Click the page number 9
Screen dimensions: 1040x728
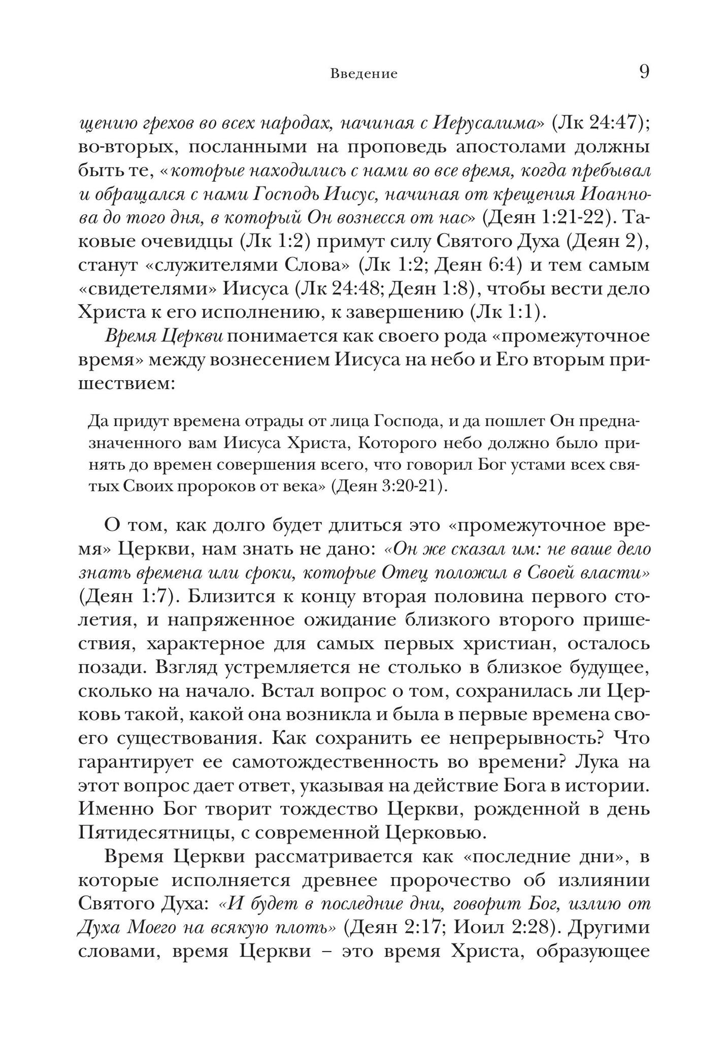tap(643, 72)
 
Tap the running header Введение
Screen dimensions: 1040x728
tap(363, 74)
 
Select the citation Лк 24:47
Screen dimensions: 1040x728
tap(597, 123)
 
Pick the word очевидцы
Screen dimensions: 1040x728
tap(180, 241)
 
